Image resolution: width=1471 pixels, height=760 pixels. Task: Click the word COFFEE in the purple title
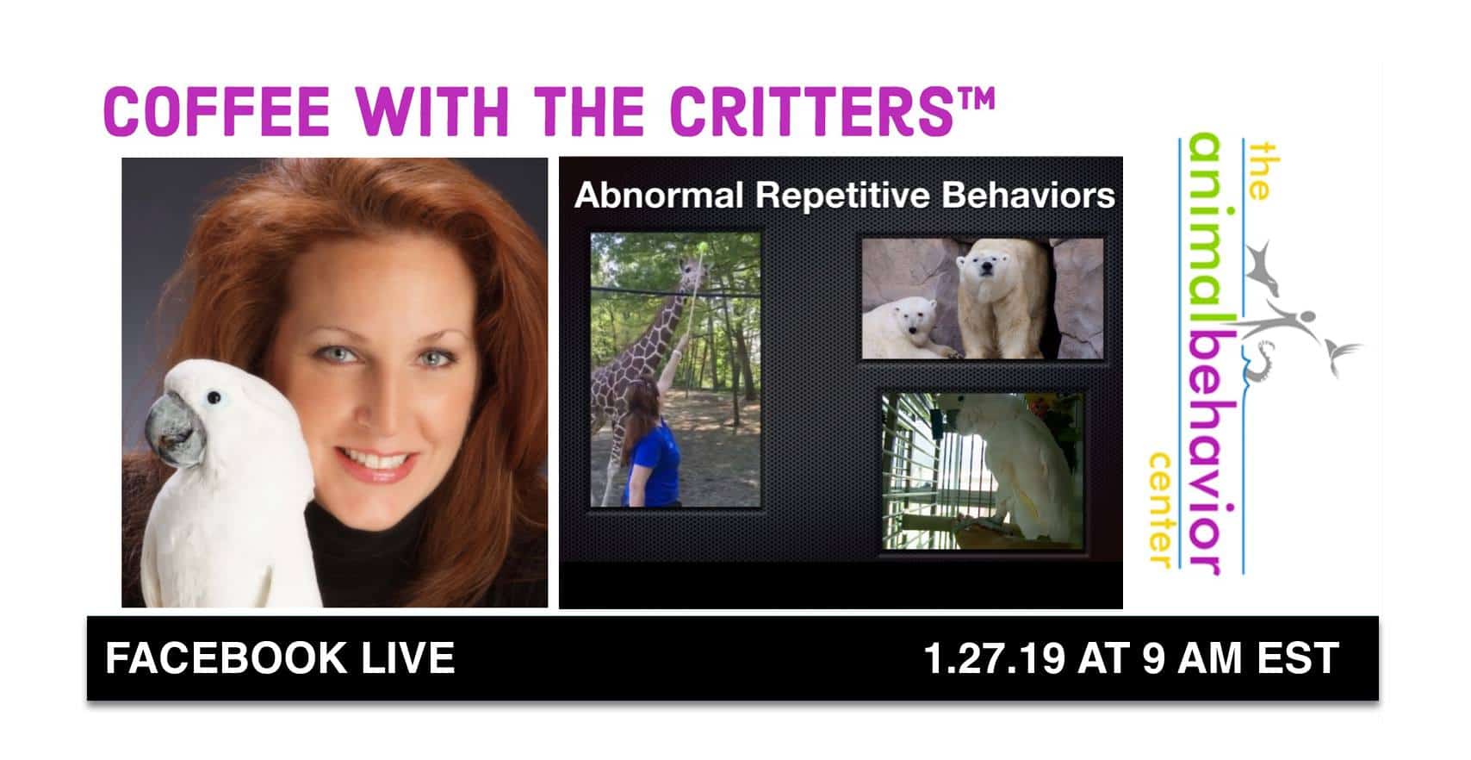(x=217, y=112)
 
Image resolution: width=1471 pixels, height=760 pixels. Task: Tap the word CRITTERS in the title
(x=811, y=112)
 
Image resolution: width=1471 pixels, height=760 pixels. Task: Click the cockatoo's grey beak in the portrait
(x=173, y=430)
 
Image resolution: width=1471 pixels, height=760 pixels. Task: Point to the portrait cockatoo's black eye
(x=214, y=396)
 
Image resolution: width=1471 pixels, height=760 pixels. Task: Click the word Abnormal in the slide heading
(x=659, y=195)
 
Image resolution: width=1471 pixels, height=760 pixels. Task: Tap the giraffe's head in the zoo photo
(x=692, y=271)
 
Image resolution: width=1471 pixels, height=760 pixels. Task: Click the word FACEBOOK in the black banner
(x=226, y=658)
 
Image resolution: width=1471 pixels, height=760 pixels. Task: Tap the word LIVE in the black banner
(x=408, y=658)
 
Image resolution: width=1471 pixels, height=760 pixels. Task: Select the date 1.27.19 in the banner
(x=994, y=658)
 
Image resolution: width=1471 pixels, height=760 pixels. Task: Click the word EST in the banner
(x=1298, y=658)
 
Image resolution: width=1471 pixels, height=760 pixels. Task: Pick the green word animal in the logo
(x=1205, y=227)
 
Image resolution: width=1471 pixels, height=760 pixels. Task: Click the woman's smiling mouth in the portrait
(x=375, y=463)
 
